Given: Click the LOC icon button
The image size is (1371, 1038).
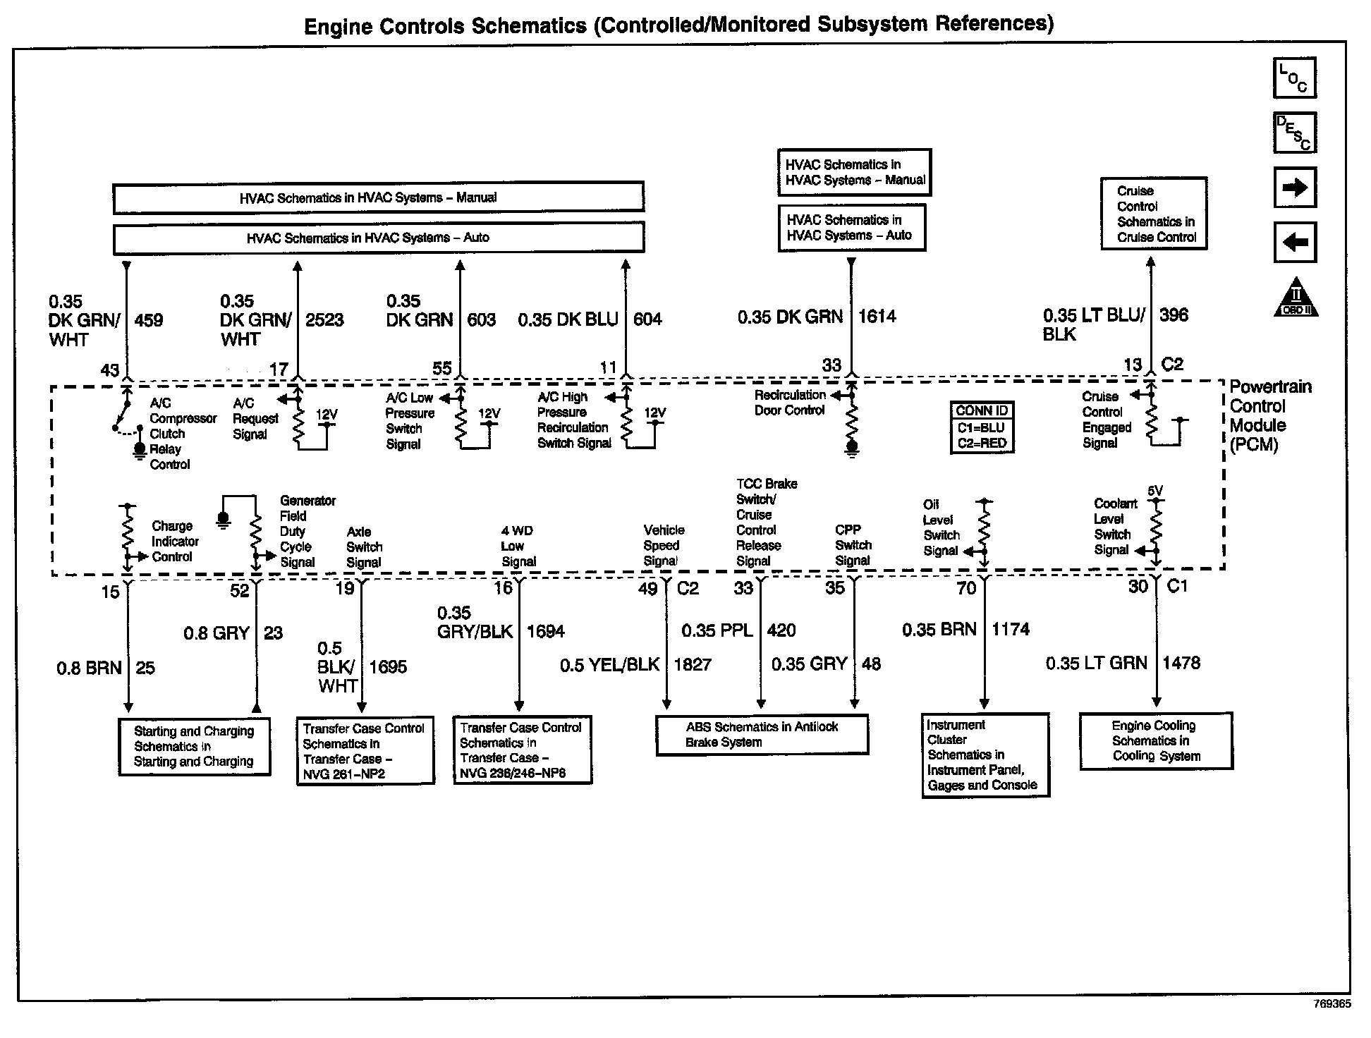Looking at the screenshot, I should [1294, 78].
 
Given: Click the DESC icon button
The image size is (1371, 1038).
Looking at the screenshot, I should [1294, 133].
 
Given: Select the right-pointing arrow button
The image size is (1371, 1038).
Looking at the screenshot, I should [1294, 188].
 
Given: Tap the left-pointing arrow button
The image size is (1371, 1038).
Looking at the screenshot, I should [1294, 243].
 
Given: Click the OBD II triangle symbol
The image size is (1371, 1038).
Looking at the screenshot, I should [1296, 298].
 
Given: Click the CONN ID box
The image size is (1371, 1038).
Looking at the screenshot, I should [982, 427].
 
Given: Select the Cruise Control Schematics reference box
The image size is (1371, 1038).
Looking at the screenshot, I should [1154, 214].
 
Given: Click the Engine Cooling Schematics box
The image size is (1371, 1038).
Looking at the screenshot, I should [1156, 741].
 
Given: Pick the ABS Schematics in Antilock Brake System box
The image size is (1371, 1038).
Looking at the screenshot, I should [762, 735].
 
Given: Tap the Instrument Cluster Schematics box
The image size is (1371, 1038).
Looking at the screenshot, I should [985, 755].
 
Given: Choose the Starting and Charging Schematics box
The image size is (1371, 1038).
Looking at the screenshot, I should [194, 747].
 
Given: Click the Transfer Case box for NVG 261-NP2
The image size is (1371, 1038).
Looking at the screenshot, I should [365, 751].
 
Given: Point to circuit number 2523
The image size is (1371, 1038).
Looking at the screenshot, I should [324, 320].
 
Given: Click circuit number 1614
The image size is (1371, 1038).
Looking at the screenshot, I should [877, 316].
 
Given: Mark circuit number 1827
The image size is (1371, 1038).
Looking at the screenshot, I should [693, 664].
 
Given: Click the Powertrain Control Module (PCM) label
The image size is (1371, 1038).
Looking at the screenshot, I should [1269, 415].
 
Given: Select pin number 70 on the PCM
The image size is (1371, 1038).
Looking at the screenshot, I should [966, 588].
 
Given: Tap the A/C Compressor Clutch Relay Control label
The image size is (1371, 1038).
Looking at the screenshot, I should [173, 434].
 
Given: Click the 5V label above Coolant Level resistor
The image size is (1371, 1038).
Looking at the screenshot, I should [1155, 491].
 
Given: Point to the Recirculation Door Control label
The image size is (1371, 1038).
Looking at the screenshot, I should [789, 403].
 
